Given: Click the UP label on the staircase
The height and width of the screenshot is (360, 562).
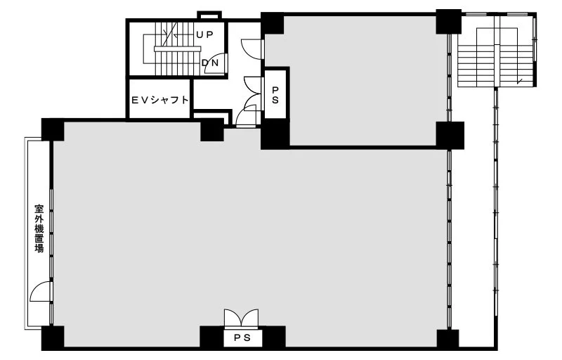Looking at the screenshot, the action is coord(204,34).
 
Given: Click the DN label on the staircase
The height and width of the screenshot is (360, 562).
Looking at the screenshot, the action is coord(210,63).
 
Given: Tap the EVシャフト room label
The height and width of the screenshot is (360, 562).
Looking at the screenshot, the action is coord(160,100).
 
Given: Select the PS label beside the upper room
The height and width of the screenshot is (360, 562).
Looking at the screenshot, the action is coord(275,95).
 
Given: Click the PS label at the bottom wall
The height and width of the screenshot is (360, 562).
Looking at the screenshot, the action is coord(242,337).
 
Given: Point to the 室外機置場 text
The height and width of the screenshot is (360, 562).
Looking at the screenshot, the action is coord(39,229).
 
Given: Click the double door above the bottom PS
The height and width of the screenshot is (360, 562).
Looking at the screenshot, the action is coord(241,319).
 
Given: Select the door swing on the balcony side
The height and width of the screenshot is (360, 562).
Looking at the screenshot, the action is coord(41,292).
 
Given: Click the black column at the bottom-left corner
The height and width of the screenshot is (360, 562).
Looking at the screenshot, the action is coord(53,337).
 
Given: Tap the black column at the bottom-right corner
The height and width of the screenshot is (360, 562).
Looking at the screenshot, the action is coord(447,339).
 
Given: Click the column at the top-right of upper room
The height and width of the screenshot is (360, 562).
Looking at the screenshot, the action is coord(448,22).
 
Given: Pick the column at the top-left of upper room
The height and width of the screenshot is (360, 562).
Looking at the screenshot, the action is coord(272,23).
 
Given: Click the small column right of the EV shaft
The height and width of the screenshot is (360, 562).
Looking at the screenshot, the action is coord(212,131).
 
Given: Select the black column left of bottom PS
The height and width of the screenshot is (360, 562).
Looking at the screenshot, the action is coord(212,337).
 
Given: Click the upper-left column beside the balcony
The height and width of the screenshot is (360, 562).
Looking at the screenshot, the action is coord(53,129).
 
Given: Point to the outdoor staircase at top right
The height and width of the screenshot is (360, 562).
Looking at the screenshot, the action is coord(497,50).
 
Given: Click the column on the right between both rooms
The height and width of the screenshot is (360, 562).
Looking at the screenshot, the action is coord(450,135).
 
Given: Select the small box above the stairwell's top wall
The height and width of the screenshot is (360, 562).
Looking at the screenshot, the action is coord(209,15).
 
